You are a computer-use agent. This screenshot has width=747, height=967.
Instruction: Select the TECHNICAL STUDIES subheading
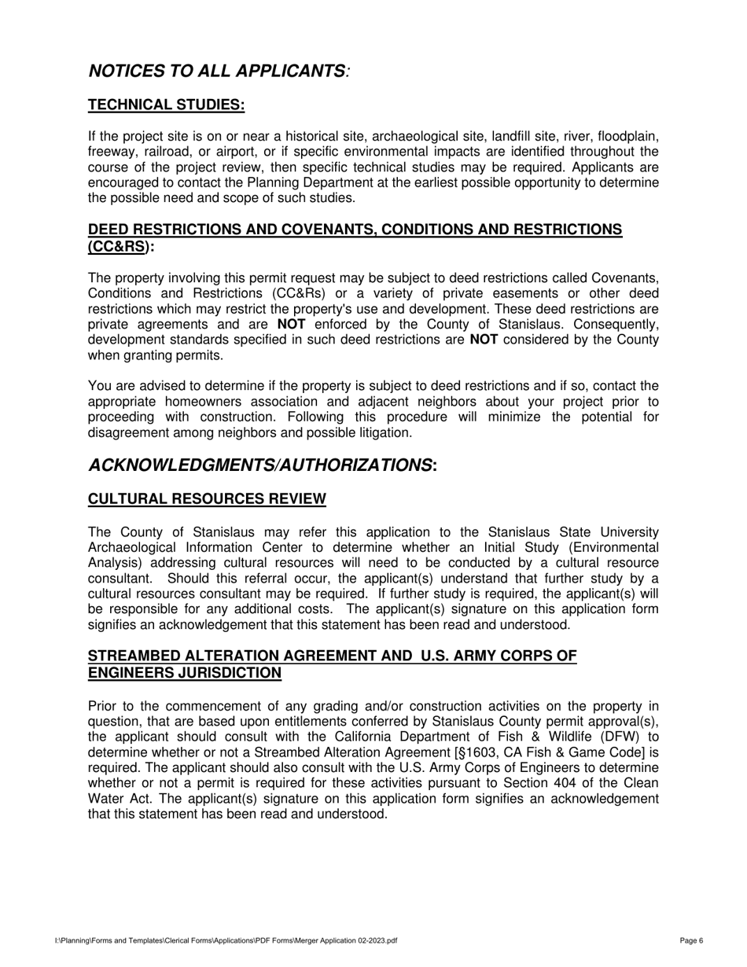pos(166,105)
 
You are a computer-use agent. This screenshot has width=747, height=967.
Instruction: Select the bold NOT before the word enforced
pos(292,324)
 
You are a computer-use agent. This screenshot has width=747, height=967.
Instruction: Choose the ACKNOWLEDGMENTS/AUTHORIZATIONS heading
pos(263,465)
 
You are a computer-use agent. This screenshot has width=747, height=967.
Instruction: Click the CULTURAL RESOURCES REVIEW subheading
pos(207,499)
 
